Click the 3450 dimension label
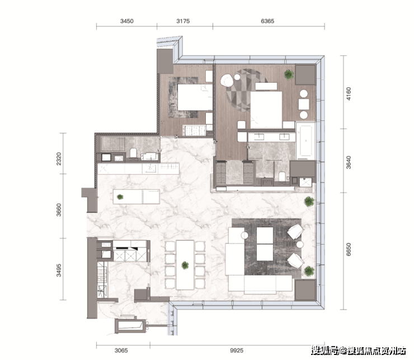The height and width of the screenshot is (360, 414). point(127,21)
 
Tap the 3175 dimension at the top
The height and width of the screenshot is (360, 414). point(183,21)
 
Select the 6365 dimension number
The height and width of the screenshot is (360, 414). point(267,21)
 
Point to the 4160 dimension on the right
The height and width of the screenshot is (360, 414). point(349,93)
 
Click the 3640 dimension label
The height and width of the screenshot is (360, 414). point(349,162)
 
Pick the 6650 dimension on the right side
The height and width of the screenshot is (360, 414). point(349,249)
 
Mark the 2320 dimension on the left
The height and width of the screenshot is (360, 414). point(59,159)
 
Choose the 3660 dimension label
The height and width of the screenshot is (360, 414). point(59,209)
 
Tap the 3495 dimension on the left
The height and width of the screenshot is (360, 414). point(59,270)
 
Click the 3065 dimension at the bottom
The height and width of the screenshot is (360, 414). point(121,350)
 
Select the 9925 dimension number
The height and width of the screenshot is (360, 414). point(237,350)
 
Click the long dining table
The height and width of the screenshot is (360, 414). point(185,265)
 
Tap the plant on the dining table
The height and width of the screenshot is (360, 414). point(185,265)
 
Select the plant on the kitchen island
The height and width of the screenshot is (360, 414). point(120,197)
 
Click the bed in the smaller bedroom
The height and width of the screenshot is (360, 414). point(195,97)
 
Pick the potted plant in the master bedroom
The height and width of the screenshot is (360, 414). point(289,74)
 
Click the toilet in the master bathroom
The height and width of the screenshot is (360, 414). point(283,176)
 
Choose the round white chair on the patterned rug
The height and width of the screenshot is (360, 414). point(227,80)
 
